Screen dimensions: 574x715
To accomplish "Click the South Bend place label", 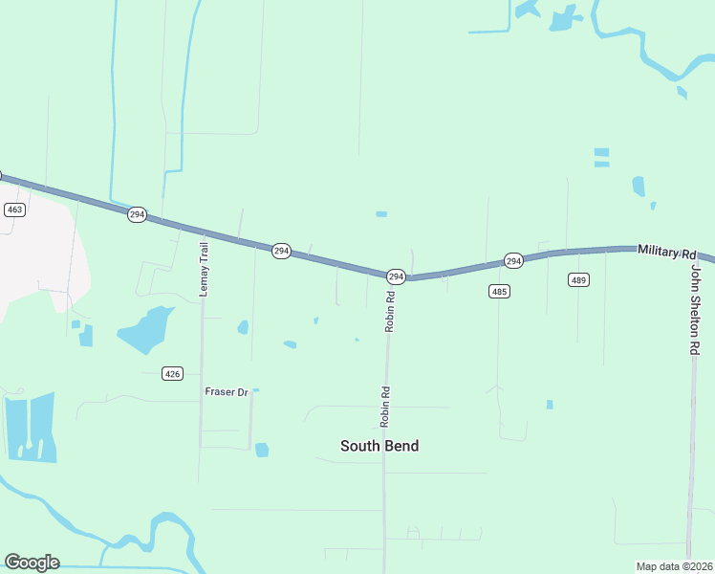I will click(379, 446).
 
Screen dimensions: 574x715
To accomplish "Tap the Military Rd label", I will click(666, 251).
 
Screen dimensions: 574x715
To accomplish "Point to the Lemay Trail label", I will click(204, 269).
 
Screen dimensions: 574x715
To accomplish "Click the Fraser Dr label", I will click(227, 392).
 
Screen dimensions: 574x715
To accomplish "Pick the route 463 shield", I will click(14, 210).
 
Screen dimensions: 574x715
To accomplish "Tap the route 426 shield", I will click(172, 373).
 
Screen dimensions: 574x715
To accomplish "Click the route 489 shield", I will click(578, 279).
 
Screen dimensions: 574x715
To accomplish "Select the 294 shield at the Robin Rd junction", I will click(396, 276).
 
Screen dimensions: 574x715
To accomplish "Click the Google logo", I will click(32, 563).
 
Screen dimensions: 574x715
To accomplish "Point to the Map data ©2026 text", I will click(674, 566).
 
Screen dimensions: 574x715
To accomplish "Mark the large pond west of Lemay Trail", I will click(146, 329).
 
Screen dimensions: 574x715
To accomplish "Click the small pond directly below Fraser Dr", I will click(262, 450).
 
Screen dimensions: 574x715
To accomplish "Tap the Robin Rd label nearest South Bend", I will click(385, 406).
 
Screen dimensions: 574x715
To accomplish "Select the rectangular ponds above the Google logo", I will click(30, 427).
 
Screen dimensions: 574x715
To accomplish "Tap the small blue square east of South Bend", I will click(550, 405).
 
